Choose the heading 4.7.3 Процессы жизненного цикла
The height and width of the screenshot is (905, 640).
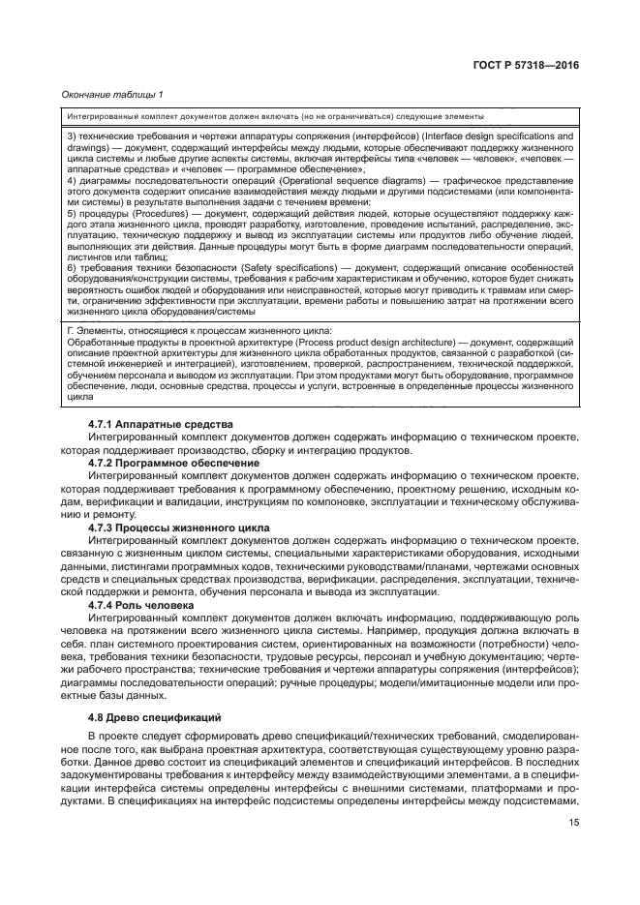(179, 528)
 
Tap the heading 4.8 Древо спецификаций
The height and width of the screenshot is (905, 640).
(142, 718)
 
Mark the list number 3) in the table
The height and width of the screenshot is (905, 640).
(71, 136)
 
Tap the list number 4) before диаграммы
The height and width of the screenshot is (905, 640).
(71, 181)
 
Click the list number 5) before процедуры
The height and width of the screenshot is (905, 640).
(71, 211)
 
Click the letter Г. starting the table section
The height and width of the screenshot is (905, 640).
(70, 332)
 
